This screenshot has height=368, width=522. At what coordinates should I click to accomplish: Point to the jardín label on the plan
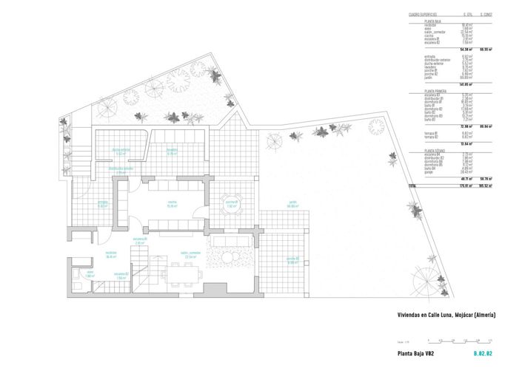click(x=272, y=205)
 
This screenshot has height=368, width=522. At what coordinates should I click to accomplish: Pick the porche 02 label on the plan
click(x=287, y=259)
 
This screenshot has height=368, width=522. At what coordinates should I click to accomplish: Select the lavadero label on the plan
click(x=171, y=152)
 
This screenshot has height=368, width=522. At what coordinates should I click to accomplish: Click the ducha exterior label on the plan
click(x=121, y=152)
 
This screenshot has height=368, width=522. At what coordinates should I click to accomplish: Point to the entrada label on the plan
click(x=104, y=205)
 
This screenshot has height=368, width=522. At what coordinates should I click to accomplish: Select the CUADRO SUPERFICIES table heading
click(x=423, y=14)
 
